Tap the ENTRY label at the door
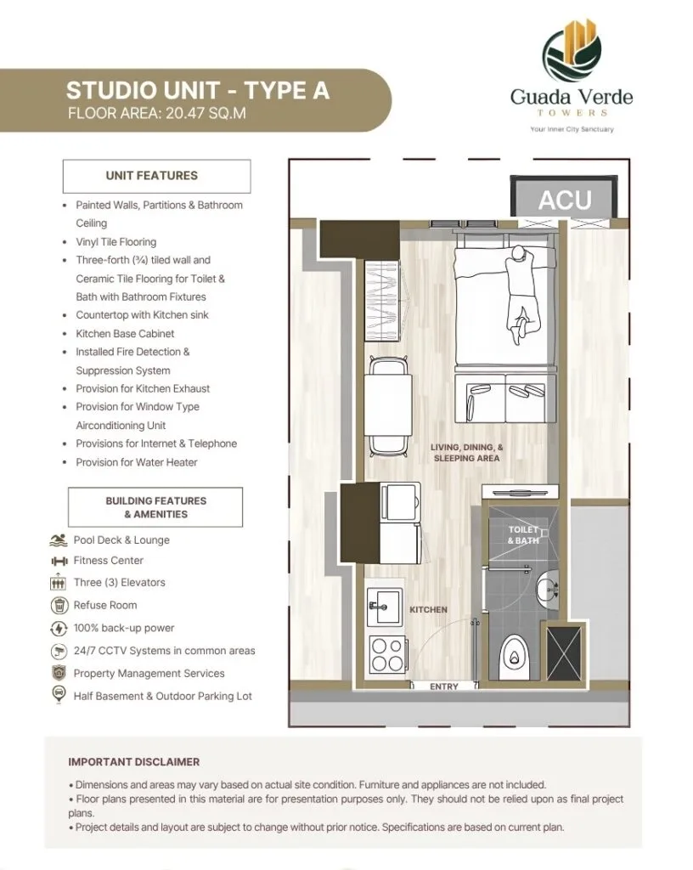[x=444, y=686]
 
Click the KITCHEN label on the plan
[x=428, y=609]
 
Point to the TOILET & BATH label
[x=523, y=535]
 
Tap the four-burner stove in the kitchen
[x=386, y=655]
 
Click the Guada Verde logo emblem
[x=572, y=51]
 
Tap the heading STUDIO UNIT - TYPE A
[x=198, y=90]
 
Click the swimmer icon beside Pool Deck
[x=59, y=540]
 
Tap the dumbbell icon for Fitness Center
[x=59, y=561]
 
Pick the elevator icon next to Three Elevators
[x=59, y=583]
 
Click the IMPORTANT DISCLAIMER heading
[x=134, y=762]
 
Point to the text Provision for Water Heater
[x=136, y=462]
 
